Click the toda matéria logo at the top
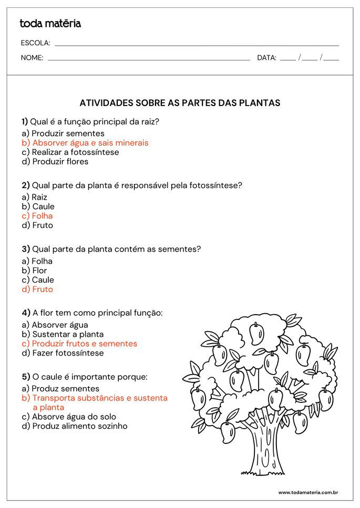point(50,24)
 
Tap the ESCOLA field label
point(35,43)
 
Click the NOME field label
point(32,58)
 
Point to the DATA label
point(266,58)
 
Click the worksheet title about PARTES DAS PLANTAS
point(180,103)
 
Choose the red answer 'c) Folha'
point(37,216)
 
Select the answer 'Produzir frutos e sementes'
point(79,344)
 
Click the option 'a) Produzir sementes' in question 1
point(63,133)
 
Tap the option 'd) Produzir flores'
point(55,162)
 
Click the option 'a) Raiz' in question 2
point(35,197)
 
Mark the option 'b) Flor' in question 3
point(34,271)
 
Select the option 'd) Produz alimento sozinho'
point(75,426)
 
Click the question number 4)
point(26,313)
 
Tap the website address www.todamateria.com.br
point(307,492)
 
